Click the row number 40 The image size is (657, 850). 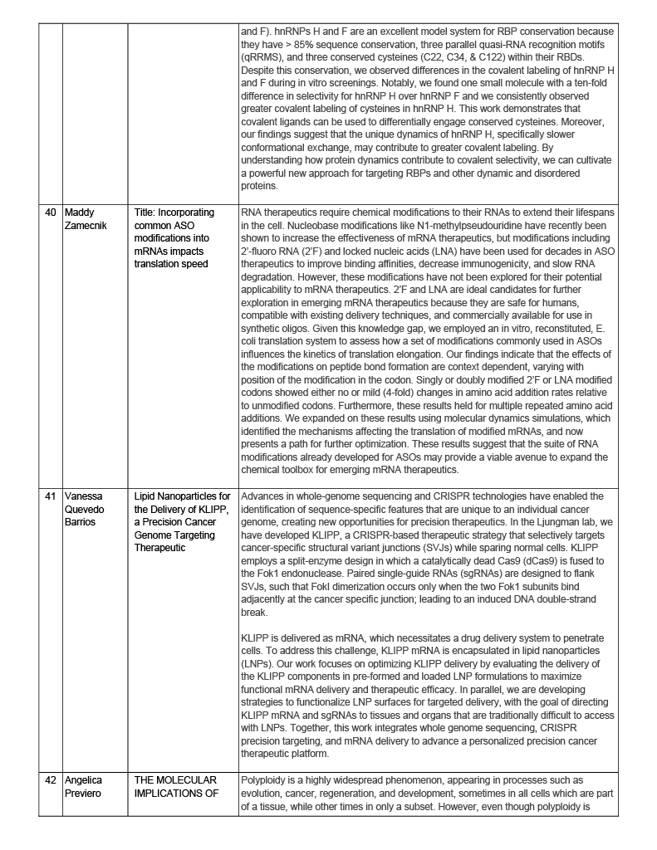point(51,212)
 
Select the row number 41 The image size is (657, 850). point(51,496)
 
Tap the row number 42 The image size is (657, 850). point(51,780)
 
